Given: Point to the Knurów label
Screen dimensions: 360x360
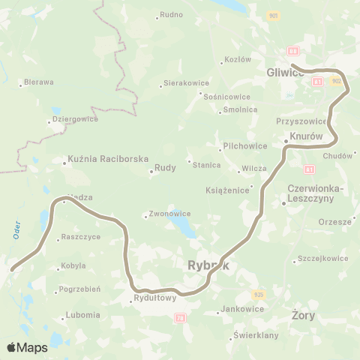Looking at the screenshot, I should pos(307,137).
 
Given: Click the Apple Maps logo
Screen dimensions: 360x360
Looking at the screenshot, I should pos(27,347).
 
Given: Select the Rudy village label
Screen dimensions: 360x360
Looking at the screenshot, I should pos(165,168).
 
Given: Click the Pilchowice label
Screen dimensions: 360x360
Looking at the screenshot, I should pos(240,146).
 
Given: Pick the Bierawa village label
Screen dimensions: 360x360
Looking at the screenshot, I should pos(38,82).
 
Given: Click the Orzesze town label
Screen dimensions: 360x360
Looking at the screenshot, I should pos(334,222).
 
